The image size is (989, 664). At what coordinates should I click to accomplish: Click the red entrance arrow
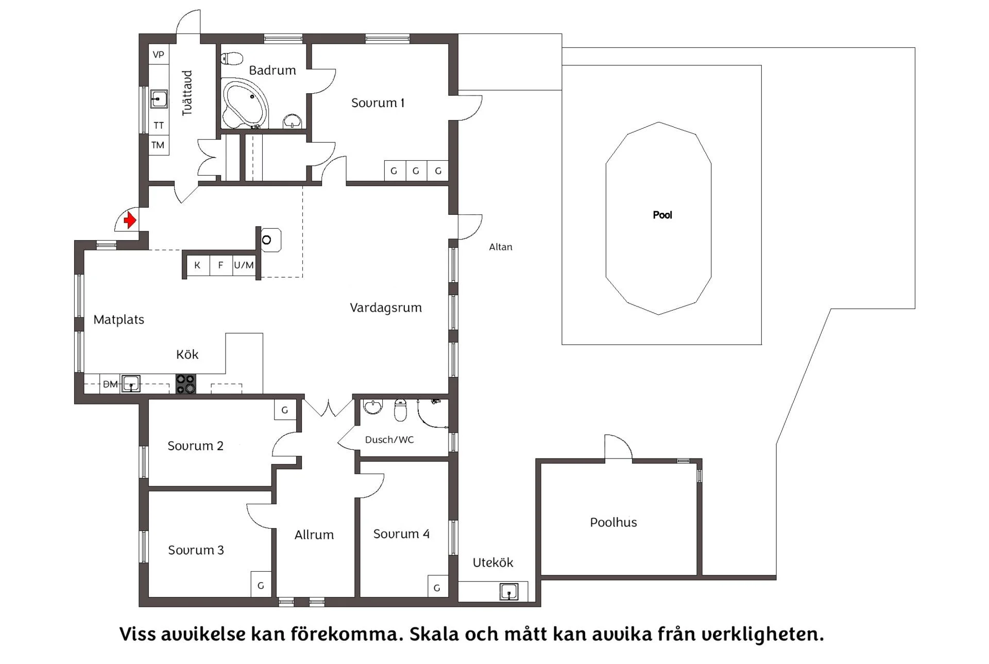click(x=130, y=220)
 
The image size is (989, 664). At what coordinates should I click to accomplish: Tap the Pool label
click(x=662, y=215)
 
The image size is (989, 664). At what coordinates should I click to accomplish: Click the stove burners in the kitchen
click(x=186, y=384)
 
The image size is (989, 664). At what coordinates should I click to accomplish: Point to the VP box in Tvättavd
click(x=159, y=55)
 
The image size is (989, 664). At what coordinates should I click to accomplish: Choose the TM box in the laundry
click(x=158, y=145)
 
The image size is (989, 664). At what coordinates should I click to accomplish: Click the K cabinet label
click(x=197, y=265)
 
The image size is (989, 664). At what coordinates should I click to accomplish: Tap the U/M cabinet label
click(x=244, y=265)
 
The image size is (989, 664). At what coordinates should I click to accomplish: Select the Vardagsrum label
click(x=386, y=308)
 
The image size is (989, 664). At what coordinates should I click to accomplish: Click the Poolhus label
click(x=613, y=522)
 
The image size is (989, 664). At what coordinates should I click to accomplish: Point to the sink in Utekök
click(x=509, y=591)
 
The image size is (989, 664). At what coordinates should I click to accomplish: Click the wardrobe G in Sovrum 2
click(x=285, y=410)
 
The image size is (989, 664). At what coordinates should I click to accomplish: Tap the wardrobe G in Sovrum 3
click(x=261, y=585)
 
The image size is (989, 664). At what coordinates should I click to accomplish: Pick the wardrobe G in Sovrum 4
click(x=437, y=587)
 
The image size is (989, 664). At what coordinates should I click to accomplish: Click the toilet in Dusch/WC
click(x=400, y=410)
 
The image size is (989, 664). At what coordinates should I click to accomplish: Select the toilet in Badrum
click(x=232, y=58)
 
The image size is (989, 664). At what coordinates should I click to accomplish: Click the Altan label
click(x=501, y=247)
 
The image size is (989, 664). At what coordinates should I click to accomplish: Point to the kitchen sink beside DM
click(x=131, y=384)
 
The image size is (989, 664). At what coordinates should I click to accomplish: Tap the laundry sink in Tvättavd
click(x=159, y=98)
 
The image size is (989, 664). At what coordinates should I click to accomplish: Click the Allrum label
click(x=314, y=535)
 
